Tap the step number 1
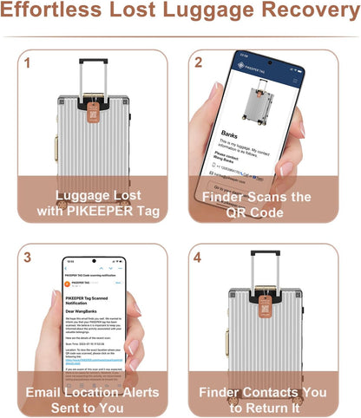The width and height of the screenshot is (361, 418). [27, 63]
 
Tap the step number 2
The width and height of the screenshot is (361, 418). [200, 63]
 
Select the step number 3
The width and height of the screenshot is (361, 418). [27, 258]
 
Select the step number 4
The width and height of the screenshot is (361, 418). [200, 258]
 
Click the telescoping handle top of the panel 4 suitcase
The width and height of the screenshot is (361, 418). [265, 253]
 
